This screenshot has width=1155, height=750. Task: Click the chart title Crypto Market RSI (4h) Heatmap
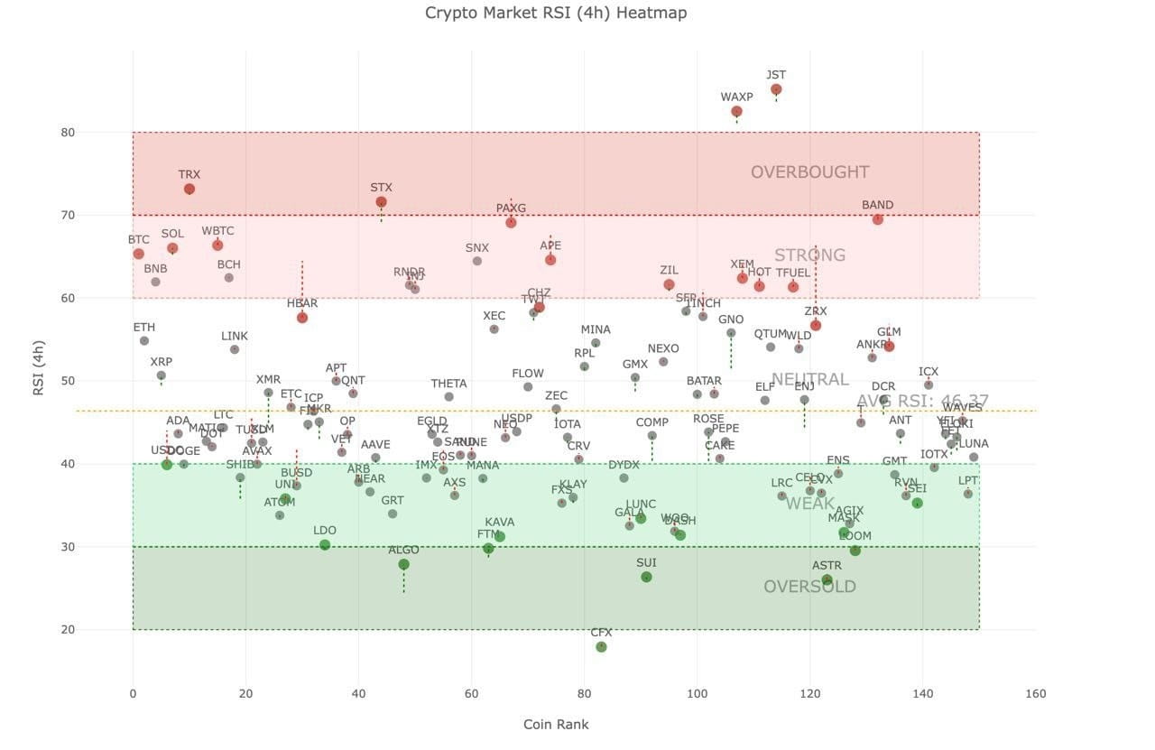tap(556, 13)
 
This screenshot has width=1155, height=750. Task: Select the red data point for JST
tap(776, 89)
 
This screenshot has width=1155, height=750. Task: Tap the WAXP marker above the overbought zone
tap(736, 112)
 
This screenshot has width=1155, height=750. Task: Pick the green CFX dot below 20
tap(601, 647)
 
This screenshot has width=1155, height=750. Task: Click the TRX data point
tap(189, 190)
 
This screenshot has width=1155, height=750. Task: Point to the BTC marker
tap(138, 254)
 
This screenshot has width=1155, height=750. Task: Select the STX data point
tap(381, 202)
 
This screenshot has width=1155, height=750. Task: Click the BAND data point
tap(877, 219)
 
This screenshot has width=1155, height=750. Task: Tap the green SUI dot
tap(646, 577)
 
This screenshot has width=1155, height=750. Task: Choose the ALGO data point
tap(403, 564)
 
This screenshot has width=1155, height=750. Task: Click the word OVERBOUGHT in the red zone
tap(809, 172)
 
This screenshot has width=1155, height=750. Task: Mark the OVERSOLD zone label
tap(809, 587)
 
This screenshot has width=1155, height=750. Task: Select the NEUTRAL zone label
tap(809, 379)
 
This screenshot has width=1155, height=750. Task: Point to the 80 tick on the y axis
tap(117, 133)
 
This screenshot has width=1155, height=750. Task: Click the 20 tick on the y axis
tap(117, 630)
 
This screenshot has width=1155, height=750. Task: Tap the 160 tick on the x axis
tap(1036, 694)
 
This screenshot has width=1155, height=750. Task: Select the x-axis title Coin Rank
tap(556, 724)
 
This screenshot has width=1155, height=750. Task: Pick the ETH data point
tap(144, 340)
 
